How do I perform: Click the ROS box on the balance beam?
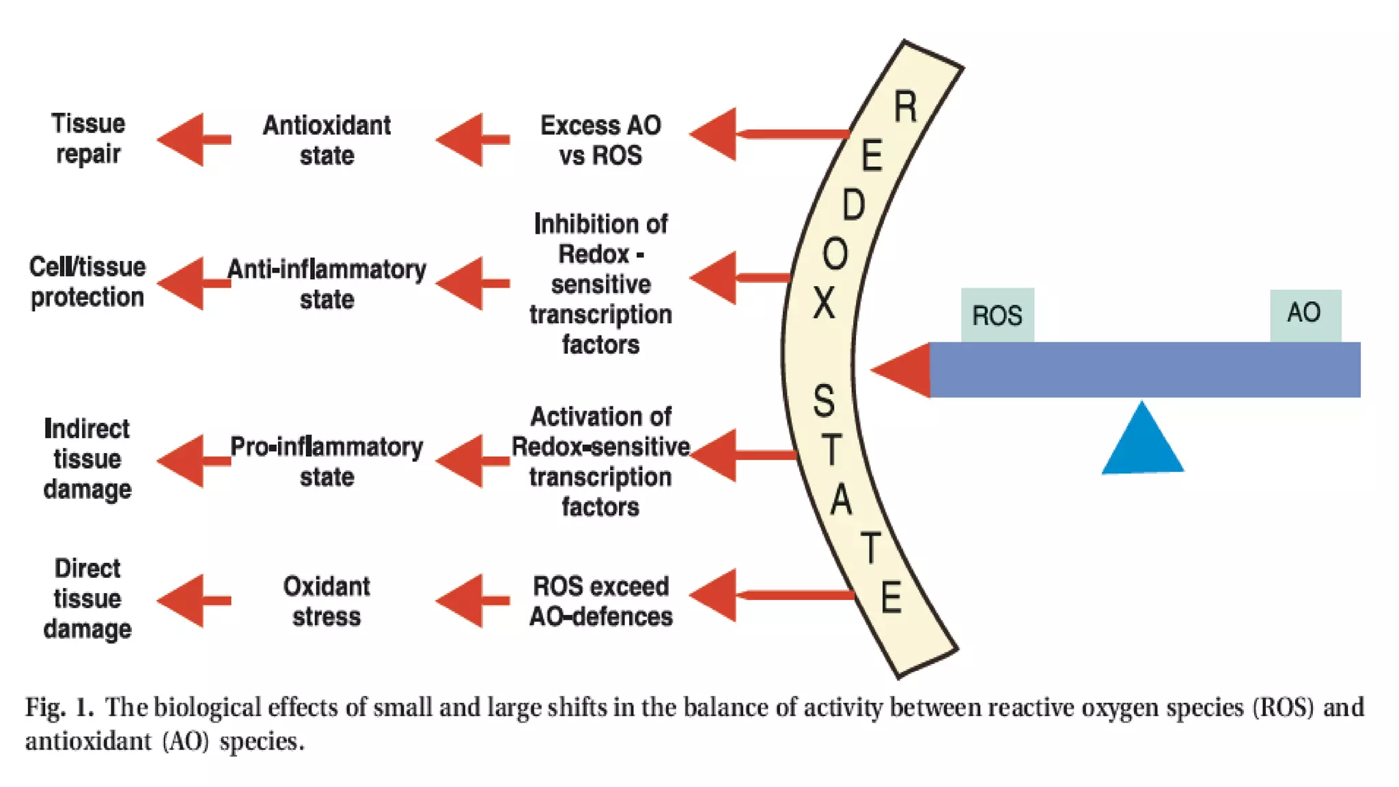pyautogui.click(x=997, y=315)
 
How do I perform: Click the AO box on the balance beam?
pyautogui.click(x=1305, y=314)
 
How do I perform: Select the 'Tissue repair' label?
pyautogui.click(x=88, y=139)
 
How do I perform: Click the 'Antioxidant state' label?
pyautogui.click(x=327, y=140)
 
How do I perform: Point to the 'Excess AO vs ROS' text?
pyautogui.click(x=600, y=140)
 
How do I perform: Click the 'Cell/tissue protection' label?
pyautogui.click(x=87, y=281)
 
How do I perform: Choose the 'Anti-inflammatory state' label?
pyautogui.click(x=327, y=284)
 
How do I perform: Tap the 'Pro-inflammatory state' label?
pyautogui.click(x=327, y=461)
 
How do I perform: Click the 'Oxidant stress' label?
pyautogui.click(x=327, y=601)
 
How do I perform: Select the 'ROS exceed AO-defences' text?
pyautogui.click(x=600, y=601)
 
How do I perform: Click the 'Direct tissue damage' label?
pyautogui.click(x=87, y=598)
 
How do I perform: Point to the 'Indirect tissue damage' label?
pyautogui.click(x=87, y=459)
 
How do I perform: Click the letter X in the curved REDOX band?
pyautogui.click(x=825, y=303)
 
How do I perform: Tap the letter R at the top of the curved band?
pyautogui.click(x=906, y=107)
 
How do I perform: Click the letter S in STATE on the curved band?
pyautogui.click(x=824, y=401)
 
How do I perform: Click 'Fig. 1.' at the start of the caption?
pyautogui.click(x=59, y=707)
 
